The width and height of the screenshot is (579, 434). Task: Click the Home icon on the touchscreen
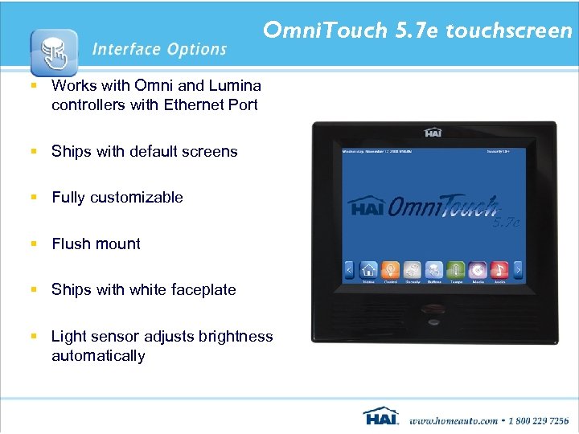(x=368, y=270)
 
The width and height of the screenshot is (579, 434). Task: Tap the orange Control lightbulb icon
(x=390, y=270)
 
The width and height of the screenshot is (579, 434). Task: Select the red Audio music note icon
(x=499, y=270)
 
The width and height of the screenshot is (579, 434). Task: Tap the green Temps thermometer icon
(x=456, y=270)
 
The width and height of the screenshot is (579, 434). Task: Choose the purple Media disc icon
(x=478, y=270)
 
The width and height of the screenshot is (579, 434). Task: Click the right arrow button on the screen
(x=518, y=270)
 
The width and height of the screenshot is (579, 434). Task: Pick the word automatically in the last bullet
(x=98, y=355)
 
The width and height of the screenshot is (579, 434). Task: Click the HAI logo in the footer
(x=380, y=417)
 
